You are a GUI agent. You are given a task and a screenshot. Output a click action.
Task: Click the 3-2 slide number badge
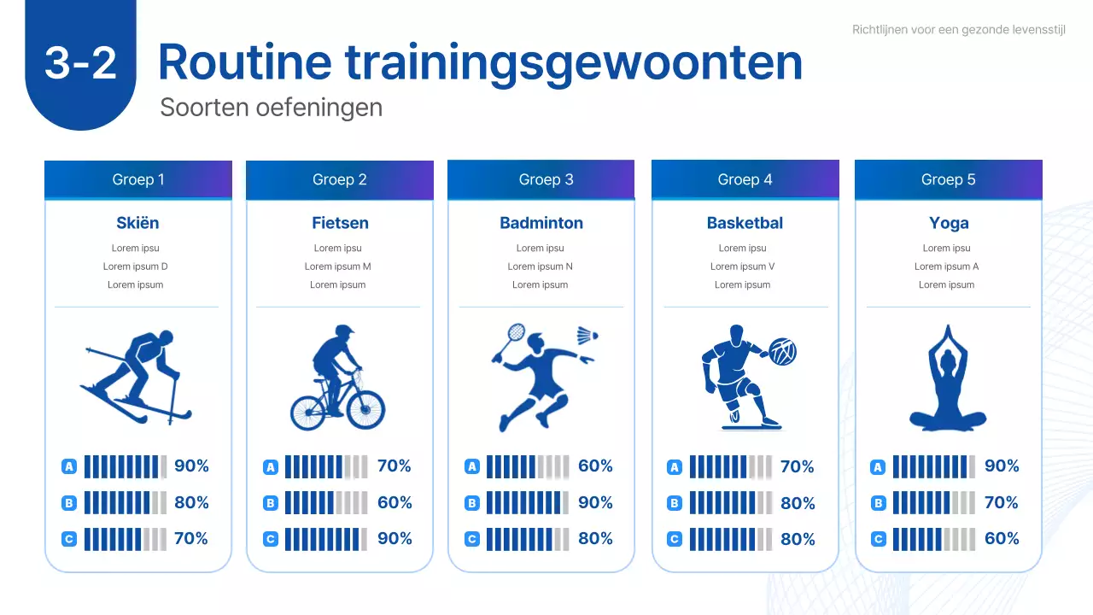[x=80, y=63]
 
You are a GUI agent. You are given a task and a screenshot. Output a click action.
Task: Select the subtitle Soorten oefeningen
[x=271, y=108]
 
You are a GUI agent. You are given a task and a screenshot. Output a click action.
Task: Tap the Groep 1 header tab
[x=138, y=179]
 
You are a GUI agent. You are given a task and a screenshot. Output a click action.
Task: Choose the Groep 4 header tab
[x=745, y=179]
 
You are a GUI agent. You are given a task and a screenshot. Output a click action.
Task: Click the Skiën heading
[x=137, y=223]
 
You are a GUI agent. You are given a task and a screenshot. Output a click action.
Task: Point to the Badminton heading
[x=541, y=223]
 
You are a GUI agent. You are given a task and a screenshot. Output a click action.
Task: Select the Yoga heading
[x=949, y=223]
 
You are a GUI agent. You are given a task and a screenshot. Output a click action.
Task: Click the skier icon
[x=137, y=376]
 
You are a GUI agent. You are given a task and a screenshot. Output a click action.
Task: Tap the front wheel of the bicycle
[x=367, y=409]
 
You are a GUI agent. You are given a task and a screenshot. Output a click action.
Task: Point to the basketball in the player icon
[x=783, y=351]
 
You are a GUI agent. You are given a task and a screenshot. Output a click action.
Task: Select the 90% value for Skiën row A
[x=191, y=466]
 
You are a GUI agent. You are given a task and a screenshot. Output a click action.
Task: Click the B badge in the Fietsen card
[x=271, y=503]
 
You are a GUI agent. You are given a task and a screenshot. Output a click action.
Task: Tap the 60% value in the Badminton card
[x=595, y=466]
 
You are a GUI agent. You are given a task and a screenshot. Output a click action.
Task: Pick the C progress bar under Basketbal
[x=729, y=539]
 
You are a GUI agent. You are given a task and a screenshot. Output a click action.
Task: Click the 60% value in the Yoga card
[x=1002, y=539]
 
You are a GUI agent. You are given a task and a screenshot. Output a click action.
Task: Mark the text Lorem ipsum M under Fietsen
[x=338, y=266]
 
